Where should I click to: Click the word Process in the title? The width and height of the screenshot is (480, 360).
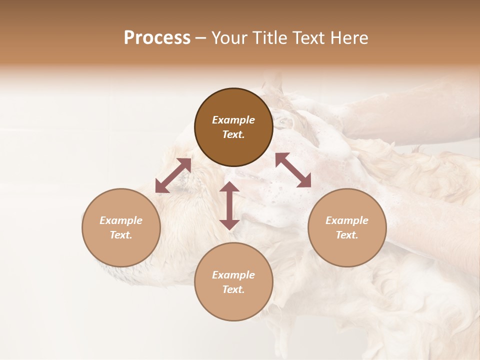pyautogui.click(x=157, y=38)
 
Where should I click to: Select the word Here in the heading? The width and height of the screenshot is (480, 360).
pyautogui.click(x=349, y=38)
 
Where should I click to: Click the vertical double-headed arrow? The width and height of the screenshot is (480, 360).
pyautogui.click(x=229, y=205)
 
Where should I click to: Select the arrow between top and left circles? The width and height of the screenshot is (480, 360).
pyautogui.click(x=173, y=175)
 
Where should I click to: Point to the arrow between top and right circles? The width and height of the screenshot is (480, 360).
pyautogui.click(x=293, y=170)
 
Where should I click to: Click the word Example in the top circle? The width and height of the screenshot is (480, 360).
pyautogui.click(x=233, y=120)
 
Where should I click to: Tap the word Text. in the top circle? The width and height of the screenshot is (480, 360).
pyautogui.click(x=233, y=134)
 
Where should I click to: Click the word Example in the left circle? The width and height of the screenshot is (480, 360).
pyautogui.click(x=121, y=220)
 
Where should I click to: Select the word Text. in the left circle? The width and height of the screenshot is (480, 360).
pyautogui.click(x=121, y=235)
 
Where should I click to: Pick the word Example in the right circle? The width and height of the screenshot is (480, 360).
pyautogui.click(x=347, y=220)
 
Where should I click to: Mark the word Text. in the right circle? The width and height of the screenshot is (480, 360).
pyautogui.click(x=347, y=235)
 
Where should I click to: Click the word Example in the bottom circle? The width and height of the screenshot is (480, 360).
pyautogui.click(x=233, y=275)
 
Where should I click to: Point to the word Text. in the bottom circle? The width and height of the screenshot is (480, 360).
pyautogui.click(x=233, y=289)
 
